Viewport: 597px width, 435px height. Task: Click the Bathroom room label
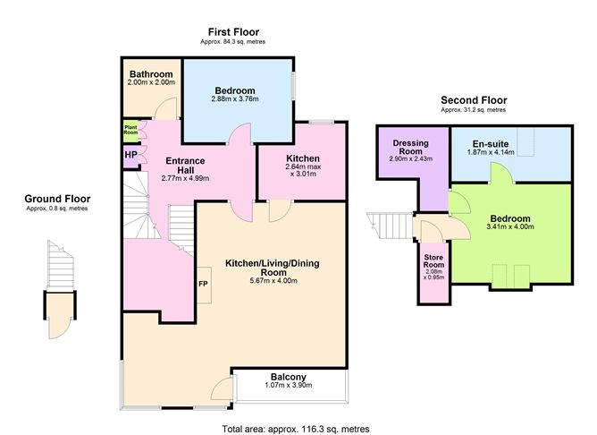pyautogui.click(x=150, y=73)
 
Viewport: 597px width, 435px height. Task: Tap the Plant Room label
pyautogui.click(x=130, y=130)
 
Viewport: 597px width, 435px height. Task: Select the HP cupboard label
pyautogui.click(x=130, y=155)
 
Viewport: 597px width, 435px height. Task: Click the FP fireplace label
pyautogui.click(x=203, y=285)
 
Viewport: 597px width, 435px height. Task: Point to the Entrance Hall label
pyautogui.click(x=186, y=166)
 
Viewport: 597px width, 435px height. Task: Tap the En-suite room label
pyautogui.click(x=491, y=143)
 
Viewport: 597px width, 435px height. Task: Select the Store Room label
pyautogui.click(x=433, y=264)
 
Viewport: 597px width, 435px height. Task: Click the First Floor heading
pyautogui.click(x=235, y=31)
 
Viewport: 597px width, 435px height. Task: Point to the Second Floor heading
pyautogui.click(x=473, y=100)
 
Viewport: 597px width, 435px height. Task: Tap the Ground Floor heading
pyautogui.click(x=57, y=199)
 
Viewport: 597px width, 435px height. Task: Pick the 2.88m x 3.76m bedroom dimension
pyautogui.click(x=235, y=100)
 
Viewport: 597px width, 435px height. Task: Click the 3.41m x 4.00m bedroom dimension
pyautogui.click(x=510, y=229)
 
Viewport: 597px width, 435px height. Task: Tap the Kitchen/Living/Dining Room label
pyautogui.click(x=273, y=266)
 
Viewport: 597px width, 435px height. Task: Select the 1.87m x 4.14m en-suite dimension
pyautogui.click(x=491, y=153)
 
